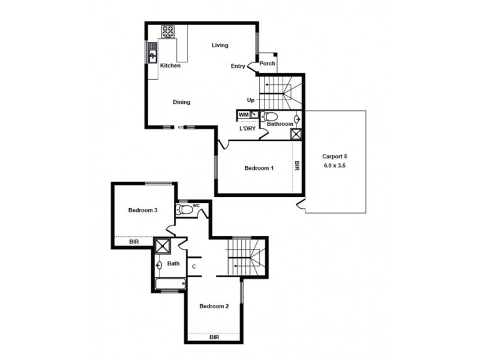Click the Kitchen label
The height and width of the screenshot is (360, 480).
[170, 65]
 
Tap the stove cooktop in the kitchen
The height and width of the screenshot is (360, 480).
[167, 31]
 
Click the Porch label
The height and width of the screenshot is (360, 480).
[268, 64]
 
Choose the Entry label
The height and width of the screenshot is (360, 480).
[238, 66]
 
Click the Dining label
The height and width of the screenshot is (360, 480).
[182, 102]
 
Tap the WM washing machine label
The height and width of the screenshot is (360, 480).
[244, 114]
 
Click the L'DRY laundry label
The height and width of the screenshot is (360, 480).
[248, 129]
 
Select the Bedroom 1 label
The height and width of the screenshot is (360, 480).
[259, 168]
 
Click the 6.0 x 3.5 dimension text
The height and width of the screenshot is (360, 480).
[335, 164]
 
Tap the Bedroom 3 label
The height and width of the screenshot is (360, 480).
[143, 211]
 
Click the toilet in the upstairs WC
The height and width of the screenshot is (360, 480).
[185, 209]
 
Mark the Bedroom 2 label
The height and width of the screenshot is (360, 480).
[214, 307]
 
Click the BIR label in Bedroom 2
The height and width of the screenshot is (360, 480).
[214, 338]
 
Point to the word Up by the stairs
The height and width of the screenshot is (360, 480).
[251, 100]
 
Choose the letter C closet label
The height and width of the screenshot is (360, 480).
[194, 267]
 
